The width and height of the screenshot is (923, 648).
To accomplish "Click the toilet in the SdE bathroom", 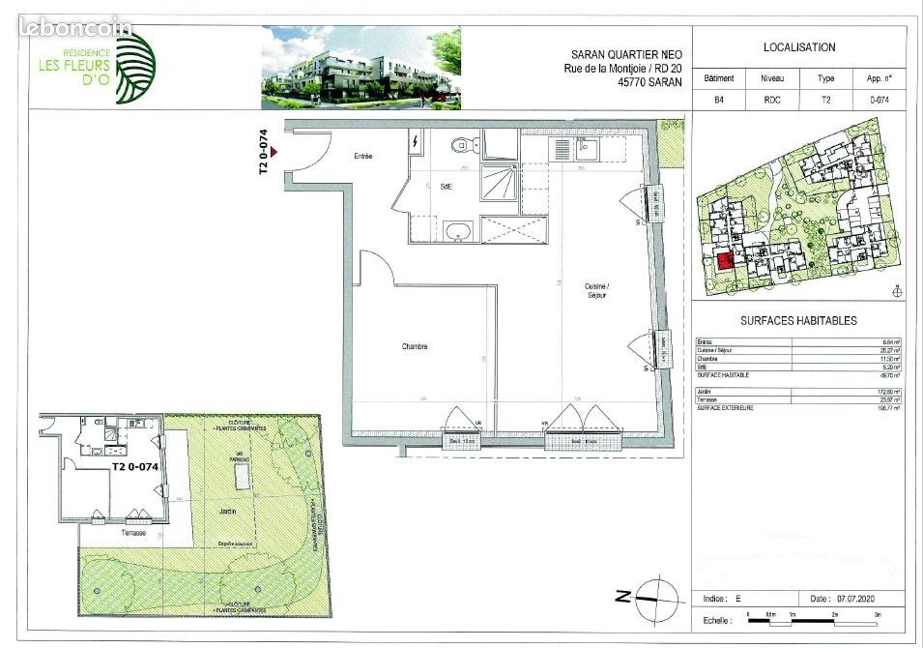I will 462,146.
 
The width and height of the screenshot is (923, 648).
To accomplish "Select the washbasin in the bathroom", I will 459,230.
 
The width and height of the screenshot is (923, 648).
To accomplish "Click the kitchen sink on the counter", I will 586,149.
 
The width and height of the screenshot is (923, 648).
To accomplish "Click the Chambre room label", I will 416,346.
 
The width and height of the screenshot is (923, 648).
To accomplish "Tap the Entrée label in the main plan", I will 362,156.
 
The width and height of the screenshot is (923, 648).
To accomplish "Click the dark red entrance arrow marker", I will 274,152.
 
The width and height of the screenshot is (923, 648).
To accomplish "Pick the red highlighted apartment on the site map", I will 724,261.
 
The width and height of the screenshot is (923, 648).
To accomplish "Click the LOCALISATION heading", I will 799,47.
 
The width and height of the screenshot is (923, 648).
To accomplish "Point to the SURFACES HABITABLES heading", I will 798,321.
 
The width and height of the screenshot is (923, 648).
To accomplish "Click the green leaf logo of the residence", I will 133,68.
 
